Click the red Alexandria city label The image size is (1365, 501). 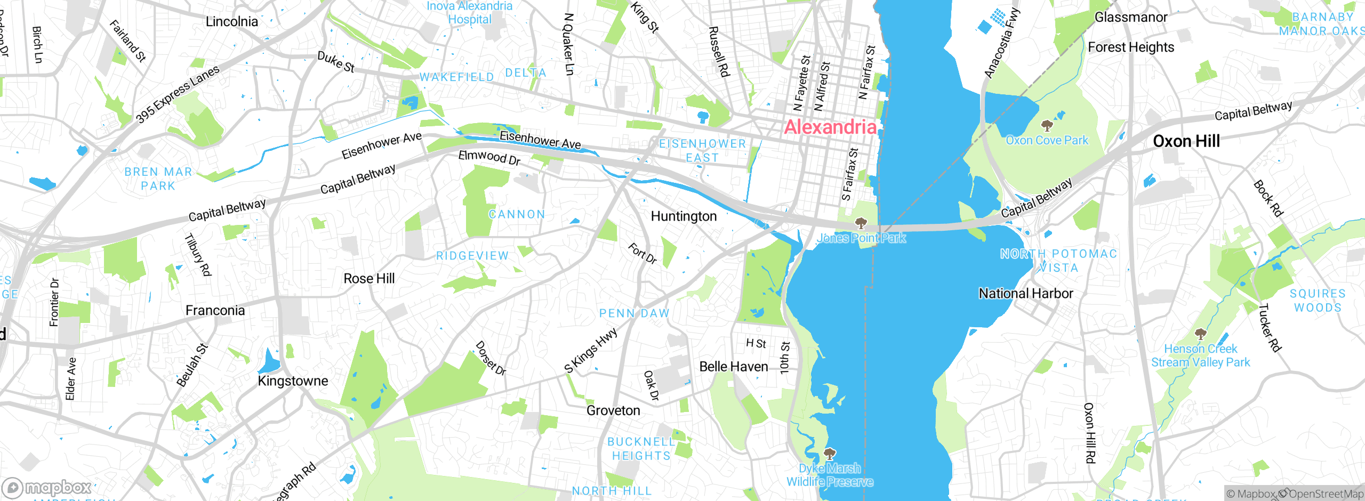pos(830,127)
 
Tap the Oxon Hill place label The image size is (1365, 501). pos(1186,141)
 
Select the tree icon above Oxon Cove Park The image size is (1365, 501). pos(1047,126)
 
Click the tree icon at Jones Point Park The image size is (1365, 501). pos(860,222)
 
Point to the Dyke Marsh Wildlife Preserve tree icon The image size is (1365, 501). pos(829,454)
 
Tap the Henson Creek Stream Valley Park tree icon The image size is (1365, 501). pos(1200,334)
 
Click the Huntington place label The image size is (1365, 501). pos(684,216)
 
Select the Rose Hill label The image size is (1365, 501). pos(369,279)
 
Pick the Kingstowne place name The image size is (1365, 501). pos(293,381)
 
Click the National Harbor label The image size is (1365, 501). pos(1026,294)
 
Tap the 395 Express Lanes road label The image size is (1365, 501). pos(177,94)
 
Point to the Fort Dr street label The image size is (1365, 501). pos(642,254)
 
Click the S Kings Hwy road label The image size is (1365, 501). pos(591,350)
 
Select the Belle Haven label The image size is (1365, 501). pos(733,367)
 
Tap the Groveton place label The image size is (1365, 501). pos(613,411)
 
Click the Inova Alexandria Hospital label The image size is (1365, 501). pos(469,13)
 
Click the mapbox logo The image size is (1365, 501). pos(47,487)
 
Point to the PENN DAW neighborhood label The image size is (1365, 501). pos(634,313)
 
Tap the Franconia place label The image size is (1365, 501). pos(215,311)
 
